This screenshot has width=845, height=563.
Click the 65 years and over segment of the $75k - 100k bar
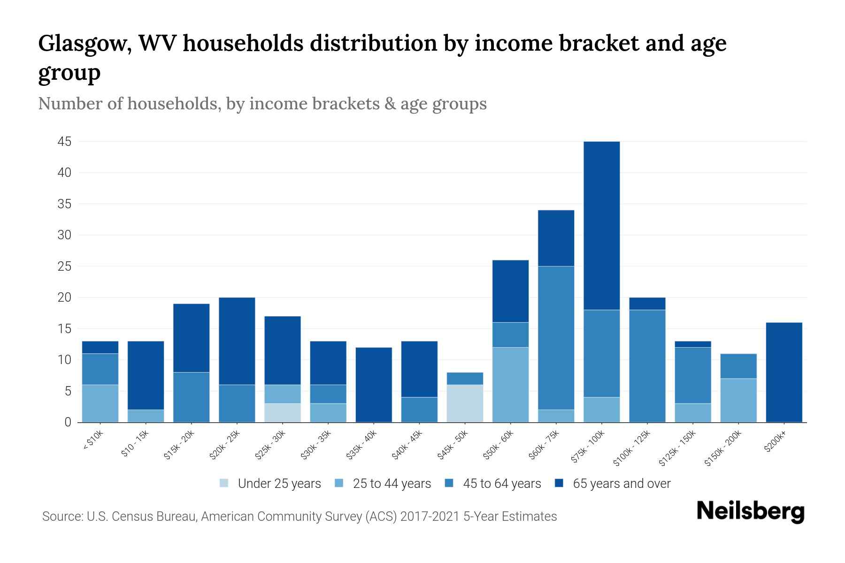(x=601, y=225)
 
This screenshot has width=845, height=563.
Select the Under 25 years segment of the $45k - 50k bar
(x=465, y=403)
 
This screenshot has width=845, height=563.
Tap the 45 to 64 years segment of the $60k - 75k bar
(x=556, y=338)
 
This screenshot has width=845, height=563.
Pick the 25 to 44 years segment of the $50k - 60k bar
(x=510, y=385)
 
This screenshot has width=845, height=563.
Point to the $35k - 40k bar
(x=374, y=385)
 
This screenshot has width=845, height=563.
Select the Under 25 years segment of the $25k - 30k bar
(x=283, y=413)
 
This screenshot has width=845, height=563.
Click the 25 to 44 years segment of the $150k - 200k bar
(x=738, y=400)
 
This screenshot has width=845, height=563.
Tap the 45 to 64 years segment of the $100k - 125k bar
(x=647, y=366)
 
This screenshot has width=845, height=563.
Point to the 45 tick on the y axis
(x=64, y=142)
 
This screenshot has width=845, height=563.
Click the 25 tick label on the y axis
(x=64, y=266)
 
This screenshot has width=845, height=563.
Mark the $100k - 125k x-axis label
(x=632, y=448)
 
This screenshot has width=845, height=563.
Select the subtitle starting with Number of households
(x=262, y=104)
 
